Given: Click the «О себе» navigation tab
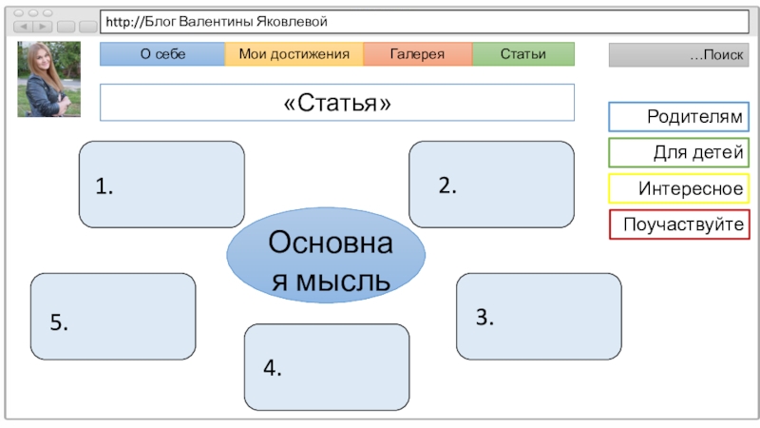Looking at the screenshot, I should click(x=162, y=54).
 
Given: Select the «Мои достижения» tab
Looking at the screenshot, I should click(x=294, y=54).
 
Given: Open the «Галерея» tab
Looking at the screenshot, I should click(x=417, y=54).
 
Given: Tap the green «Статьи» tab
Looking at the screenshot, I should click(x=522, y=54).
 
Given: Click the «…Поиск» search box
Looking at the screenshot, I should click(x=678, y=55).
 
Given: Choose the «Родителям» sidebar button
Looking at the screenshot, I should click(x=678, y=117).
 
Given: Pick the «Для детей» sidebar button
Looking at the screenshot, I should click(x=678, y=152).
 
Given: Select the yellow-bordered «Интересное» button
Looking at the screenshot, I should click(x=678, y=188).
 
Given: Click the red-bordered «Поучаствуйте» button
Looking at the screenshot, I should click(x=678, y=224).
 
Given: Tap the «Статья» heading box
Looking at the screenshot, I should click(x=337, y=103).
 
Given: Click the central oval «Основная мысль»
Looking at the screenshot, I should click(x=326, y=254).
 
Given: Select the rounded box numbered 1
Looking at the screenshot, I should click(x=161, y=185).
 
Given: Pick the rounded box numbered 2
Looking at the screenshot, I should click(x=491, y=185).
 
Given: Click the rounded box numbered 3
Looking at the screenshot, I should click(x=539, y=316).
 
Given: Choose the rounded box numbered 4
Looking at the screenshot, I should click(x=327, y=367).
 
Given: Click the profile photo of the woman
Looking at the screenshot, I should click(x=48, y=79).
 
